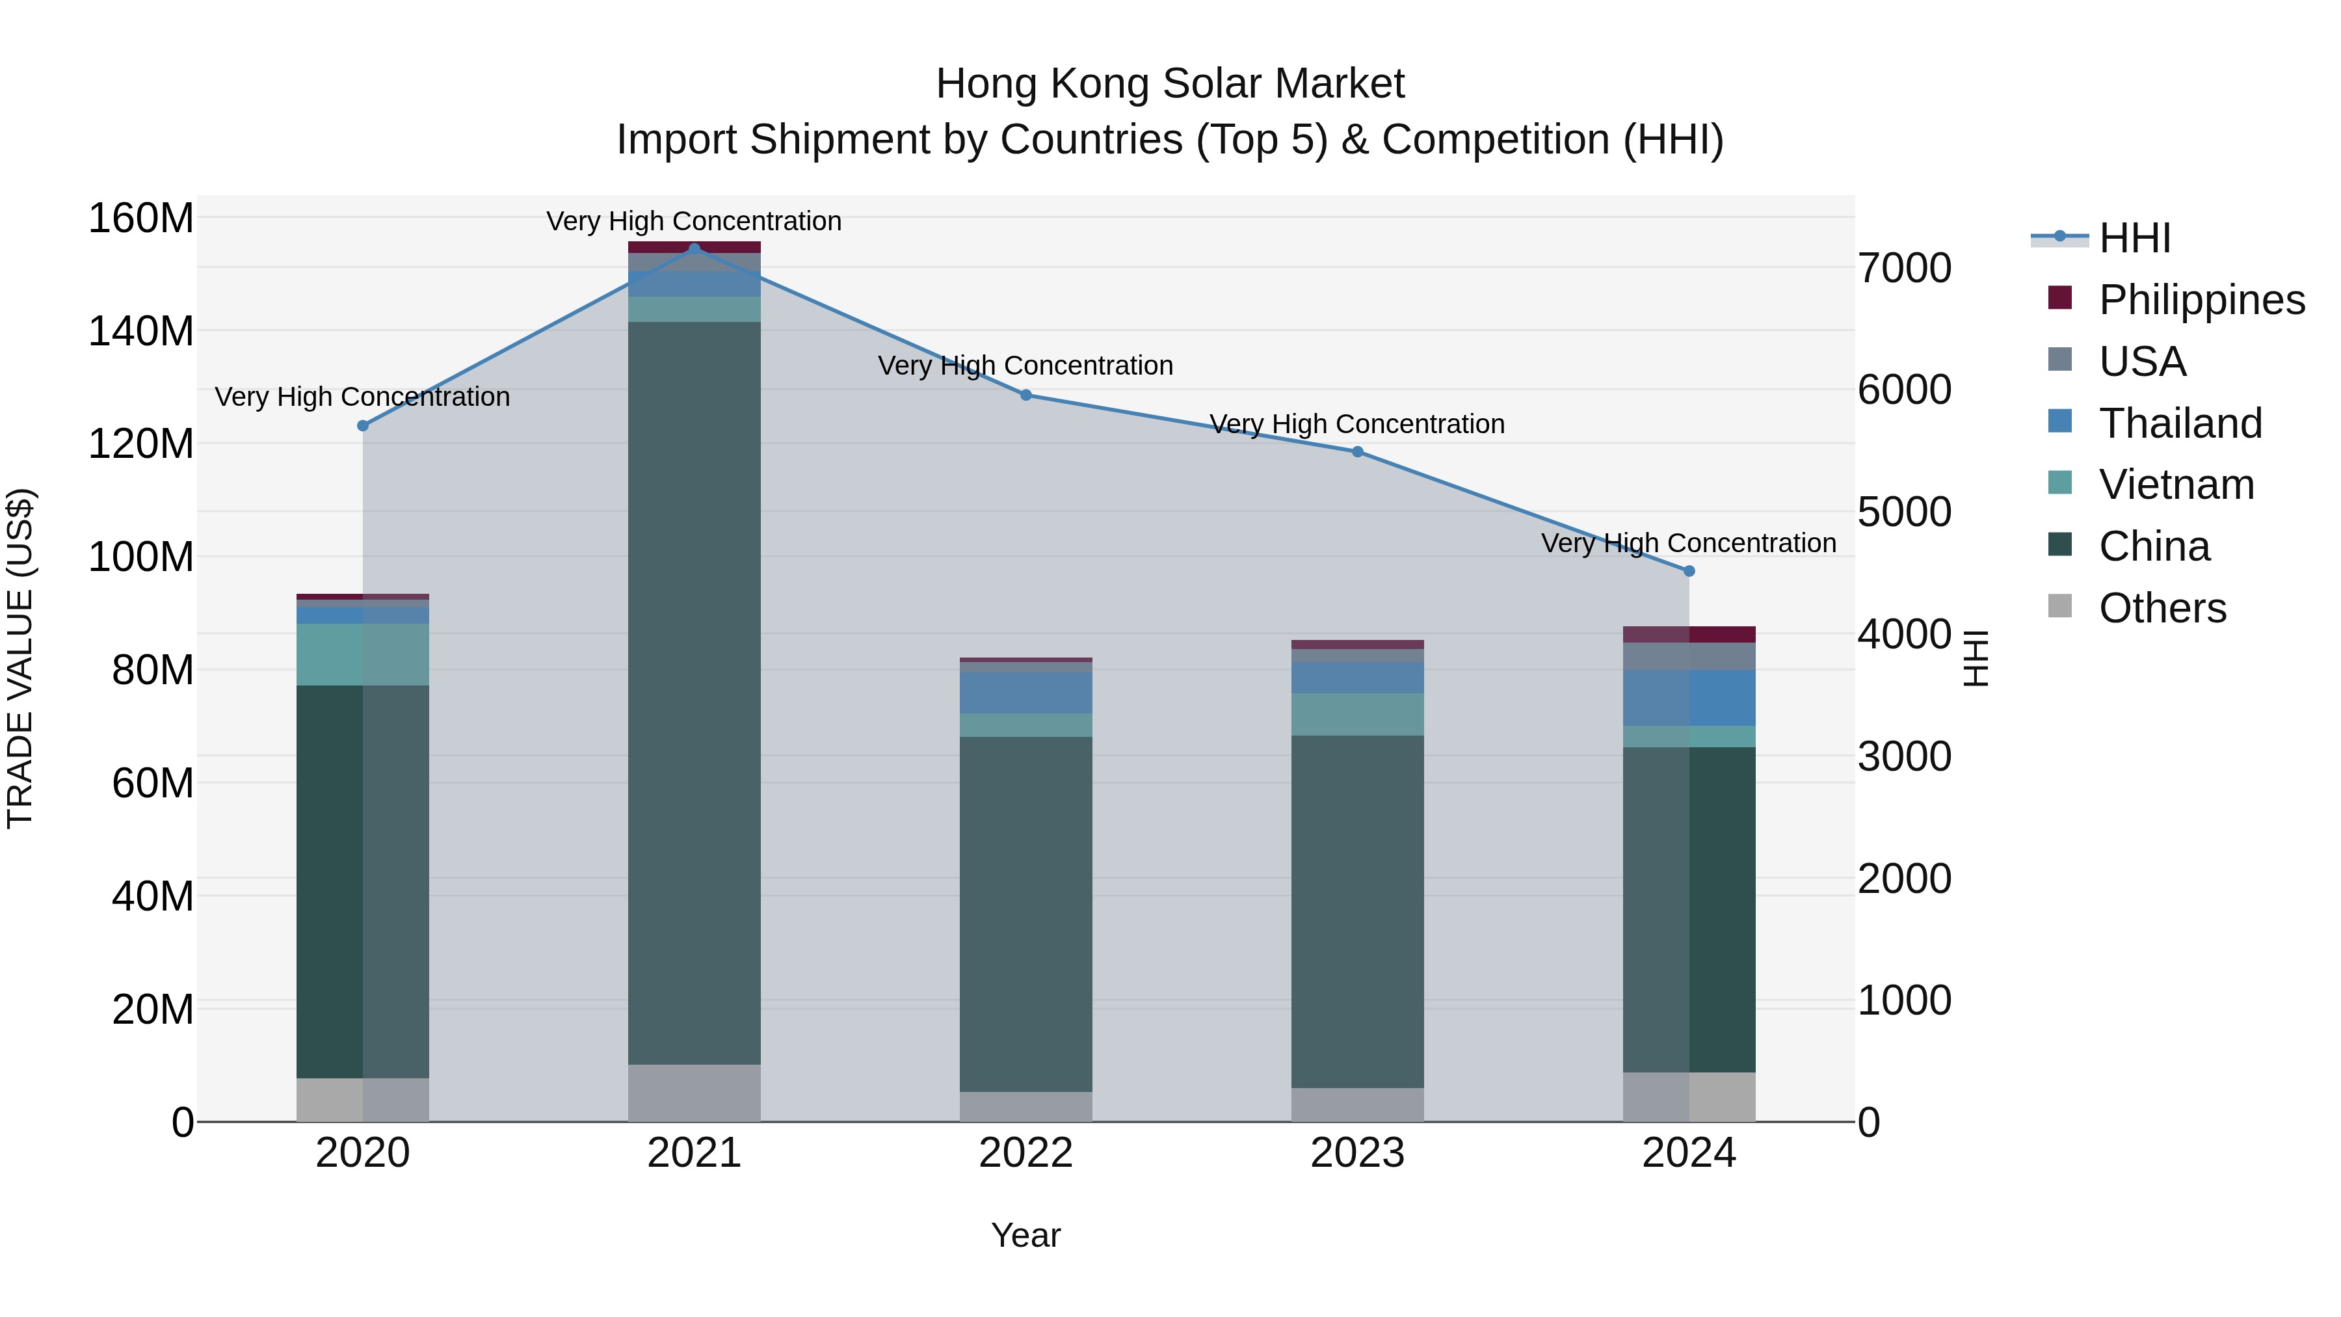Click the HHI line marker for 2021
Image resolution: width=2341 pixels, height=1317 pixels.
(x=694, y=248)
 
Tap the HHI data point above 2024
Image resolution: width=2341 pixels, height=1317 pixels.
(x=1689, y=571)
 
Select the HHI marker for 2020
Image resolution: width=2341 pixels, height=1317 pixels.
(x=363, y=425)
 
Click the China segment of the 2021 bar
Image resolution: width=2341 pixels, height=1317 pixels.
(x=694, y=691)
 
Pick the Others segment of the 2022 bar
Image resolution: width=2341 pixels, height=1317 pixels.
(x=1026, y=1106)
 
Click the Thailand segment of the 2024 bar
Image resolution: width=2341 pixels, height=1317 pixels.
(x=1689, y=698)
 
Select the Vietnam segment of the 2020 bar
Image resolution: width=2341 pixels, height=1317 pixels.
(x=363, y=654)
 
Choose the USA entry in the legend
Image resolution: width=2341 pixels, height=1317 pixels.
(x=2142, y=362)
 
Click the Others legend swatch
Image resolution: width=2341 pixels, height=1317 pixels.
(x=2060, y=606)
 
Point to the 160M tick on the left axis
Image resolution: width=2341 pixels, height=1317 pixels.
(x=141, y=219)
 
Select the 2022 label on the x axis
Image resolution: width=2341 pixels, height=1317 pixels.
(x=1026, y=1153)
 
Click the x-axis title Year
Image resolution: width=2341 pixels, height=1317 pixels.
(x=1026, y=1235)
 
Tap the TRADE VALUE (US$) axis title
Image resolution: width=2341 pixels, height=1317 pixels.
(x=20, y=658)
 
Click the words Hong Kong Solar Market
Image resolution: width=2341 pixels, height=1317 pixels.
(x=1170, y=84)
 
